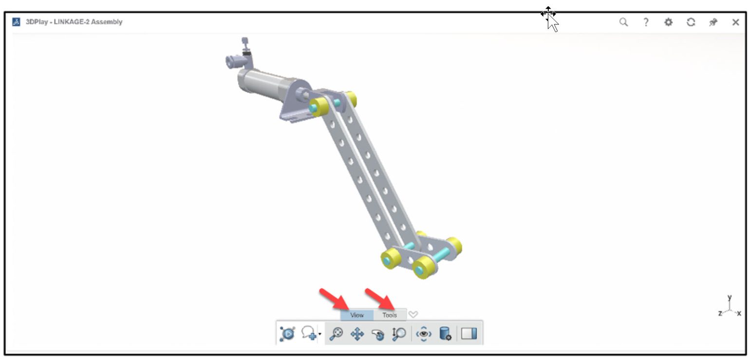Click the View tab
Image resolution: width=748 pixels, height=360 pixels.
click(356, 315)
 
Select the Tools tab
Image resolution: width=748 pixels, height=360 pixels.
click(390, 315)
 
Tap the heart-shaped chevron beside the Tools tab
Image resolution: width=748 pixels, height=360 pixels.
click(413, 315)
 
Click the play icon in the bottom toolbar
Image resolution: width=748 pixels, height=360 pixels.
click(287, 334)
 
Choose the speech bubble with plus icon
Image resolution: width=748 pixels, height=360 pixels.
click(309, 334)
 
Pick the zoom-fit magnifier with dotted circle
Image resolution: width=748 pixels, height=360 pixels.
click(336, 334)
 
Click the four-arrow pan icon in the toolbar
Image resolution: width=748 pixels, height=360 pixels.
click(357, 334)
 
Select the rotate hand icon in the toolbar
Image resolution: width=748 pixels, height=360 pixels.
click(377, 334)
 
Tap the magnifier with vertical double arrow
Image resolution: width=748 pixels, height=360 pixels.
click(399, 334)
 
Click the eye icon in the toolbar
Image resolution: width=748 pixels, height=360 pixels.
click(424, 334)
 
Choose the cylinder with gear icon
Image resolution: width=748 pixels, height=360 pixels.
click(445, 334)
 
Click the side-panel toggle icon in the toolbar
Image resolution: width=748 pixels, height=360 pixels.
click(469, 334)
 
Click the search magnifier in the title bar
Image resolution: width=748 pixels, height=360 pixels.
click(623, 22)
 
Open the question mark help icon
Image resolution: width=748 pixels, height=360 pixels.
click(646, 22)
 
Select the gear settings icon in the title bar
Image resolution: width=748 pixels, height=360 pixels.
click(669, 22)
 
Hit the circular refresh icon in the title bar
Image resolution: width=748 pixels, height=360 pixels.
click(691, 22)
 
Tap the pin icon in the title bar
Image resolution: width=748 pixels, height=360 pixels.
click(713, 22)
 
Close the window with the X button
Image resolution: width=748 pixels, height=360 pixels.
click(736, 22)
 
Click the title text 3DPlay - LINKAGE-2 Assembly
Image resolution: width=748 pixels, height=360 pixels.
click(74, 22)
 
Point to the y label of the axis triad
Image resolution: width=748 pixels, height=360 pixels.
click(729, 297)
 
